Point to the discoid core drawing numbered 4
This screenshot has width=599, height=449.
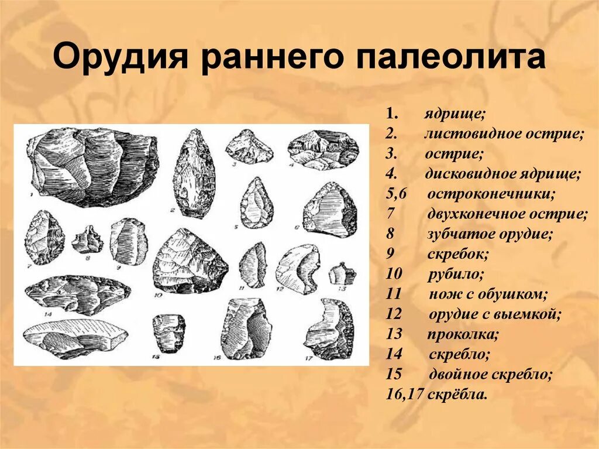click(323, 149)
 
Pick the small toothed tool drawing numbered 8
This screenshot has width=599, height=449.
click(86, 239)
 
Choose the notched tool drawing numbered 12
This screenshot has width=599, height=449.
click(298, 268)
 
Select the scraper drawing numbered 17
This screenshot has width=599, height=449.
click(329, 329)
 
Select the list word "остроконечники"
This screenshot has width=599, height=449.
click(491, 194)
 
